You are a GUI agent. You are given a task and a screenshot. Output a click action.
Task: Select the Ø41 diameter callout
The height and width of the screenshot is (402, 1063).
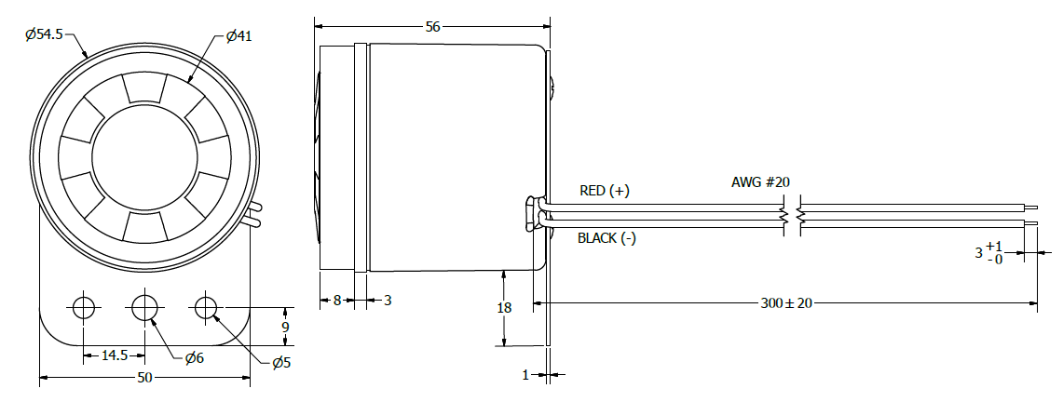pos(239,36)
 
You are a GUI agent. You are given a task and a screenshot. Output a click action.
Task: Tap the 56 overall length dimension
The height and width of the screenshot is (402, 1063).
pos(432,27)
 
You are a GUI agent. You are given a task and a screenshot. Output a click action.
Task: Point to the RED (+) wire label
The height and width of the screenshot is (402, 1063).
pos(605,191)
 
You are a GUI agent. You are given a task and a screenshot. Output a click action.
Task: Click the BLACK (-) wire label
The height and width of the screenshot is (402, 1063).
pos(606,238)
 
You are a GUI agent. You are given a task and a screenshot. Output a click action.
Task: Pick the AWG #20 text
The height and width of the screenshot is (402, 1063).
pos(761,181)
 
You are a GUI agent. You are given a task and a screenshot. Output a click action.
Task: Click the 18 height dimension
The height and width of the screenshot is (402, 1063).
pos(504,308)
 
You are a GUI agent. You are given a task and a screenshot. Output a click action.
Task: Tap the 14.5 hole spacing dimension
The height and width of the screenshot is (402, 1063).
pos(114,355)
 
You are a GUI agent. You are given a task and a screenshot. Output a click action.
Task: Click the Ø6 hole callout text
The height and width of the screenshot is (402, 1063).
pos(195,358)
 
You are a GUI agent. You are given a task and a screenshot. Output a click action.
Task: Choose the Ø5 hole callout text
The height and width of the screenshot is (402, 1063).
pos(281,363)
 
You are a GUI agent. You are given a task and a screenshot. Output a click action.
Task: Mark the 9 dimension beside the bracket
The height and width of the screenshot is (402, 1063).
pos(285,327)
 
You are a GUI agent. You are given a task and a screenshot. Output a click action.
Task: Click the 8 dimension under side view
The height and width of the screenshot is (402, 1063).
pos(337,300)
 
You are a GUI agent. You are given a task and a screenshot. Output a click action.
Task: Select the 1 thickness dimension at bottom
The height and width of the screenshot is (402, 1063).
pos(526,375)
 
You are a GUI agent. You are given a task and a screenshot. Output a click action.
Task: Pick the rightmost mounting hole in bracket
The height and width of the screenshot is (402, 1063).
pos(206,307)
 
